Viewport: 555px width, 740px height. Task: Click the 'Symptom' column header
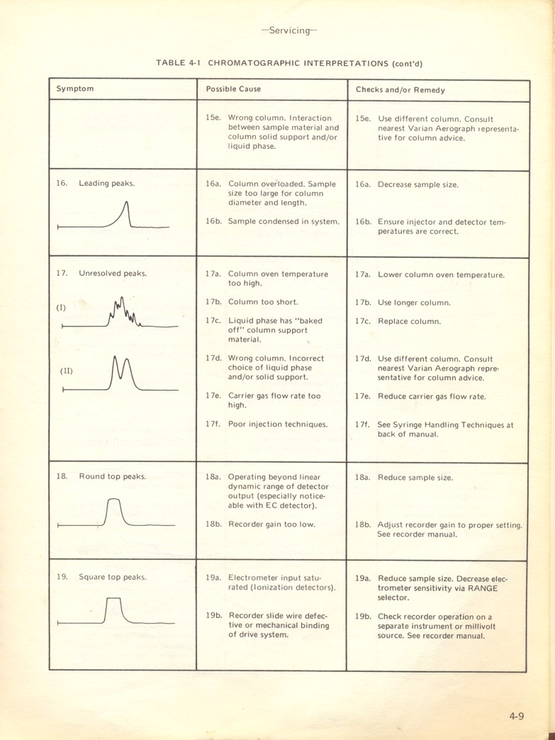point(75,89)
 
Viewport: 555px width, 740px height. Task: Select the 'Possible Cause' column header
point(233,89)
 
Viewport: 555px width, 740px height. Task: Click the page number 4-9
point(516,716)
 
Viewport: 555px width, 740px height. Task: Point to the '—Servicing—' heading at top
point(289,30)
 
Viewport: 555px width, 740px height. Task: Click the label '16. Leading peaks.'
point(96,183)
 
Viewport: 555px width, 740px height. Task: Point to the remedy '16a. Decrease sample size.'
point(407,184)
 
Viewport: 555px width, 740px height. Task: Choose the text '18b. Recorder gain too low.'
point(261,525)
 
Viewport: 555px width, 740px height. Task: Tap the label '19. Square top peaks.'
point(101,576)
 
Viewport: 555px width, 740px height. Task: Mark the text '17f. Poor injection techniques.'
point(267,424)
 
